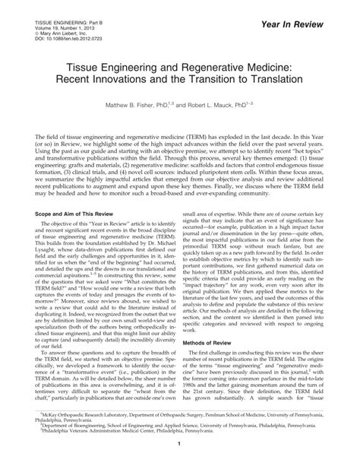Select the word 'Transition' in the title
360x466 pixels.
(216, 78)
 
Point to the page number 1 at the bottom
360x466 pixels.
(180, 455)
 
